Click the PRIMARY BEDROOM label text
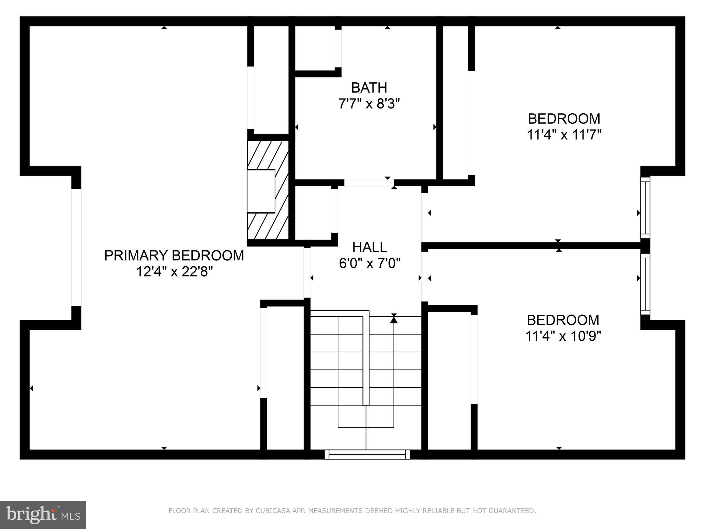pyautogui.click(x=174, y=256)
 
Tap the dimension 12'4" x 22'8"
pyautogui.click(x=174, y=272)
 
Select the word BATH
pyautogui.click(x=369, y=88)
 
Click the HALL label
pyautogui.click(x=369, y=247)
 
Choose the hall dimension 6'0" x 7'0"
pyautogui.click(x=369, y=264)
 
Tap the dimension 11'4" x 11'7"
pyautogui.click(x=564, y=135)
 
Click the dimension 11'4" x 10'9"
pyautogui.click(x=563, y=336)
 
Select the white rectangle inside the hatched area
pyautogui.click(x=261, y=191)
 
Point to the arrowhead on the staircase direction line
pyautogui.click(x=394, y=320)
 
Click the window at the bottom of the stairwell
pyautogui.click(x=367, y=455)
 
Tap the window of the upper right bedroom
pyautogui.click(x=645, y=207)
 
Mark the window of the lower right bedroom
pyautogui.click(x=645, y=284)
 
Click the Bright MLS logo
pyautogui.click(x=43, y=515)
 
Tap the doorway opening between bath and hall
pyautogui.click(x=369, y=183)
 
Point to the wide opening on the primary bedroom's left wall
pyautogui.click(x=76, y=247)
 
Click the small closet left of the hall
pyautogui.click(x=313, y=213)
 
